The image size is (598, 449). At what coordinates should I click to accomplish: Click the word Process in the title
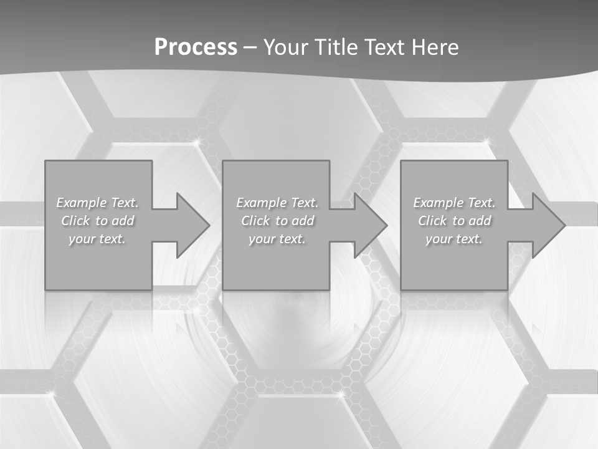tap(196, 47)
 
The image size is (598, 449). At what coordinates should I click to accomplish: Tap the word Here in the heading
tap(435, 47)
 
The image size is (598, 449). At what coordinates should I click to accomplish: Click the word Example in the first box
tap(81, 203)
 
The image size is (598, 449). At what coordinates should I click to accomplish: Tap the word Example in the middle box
tap(260, 203)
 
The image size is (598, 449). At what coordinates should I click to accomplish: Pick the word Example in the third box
tap(438, 203)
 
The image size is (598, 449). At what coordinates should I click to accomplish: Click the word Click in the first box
tap(75, 221)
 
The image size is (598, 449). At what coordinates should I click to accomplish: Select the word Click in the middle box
tap(255, 221)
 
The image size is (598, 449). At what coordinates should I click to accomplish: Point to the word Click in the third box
tap(432, 221)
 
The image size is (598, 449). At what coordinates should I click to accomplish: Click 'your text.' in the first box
tap(97, 239)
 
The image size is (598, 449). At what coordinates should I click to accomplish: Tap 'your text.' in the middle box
tap(277, 239)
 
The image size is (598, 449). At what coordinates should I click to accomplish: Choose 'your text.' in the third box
tap(454, 239)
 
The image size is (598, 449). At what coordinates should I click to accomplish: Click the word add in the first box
tap(123, 221)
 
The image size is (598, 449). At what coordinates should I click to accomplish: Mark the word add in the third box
tap(480, 221)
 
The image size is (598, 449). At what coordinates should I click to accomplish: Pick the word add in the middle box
tap(303, 221)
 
